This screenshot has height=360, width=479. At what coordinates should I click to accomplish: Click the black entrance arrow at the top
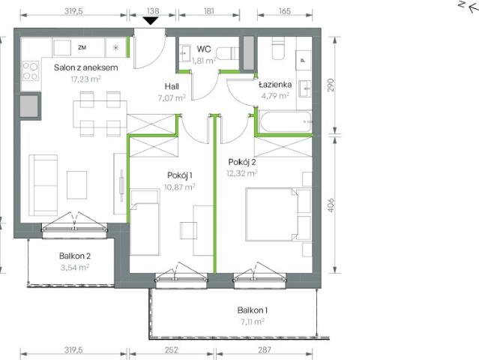(x=151, y=20)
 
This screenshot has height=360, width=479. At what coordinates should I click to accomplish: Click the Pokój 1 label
(x=180, y=175)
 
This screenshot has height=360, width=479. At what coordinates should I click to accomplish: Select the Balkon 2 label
(x=75, y=255)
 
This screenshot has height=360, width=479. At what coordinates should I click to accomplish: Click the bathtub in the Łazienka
(x=284, y=120)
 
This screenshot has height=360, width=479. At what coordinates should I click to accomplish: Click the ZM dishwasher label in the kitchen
(x=82, y=46)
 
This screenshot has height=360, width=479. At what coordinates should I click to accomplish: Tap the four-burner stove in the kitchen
(x=30, y=71)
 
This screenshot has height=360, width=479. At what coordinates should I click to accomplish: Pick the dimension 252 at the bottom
(x=171, y=349)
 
